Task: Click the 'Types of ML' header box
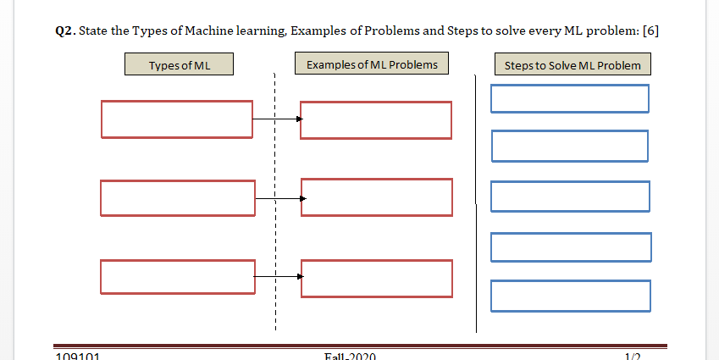pyautogui.click(x=179, y=65)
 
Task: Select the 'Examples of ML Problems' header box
pyautogui.click(x=372, y=64)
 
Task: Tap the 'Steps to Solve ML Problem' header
pyautogui.click(x=572, y=65)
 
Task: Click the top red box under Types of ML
pyautogui.click(x=177, y=119)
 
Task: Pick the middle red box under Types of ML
pyautogui.click(x=177, y=198)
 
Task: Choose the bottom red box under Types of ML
pyautogui.click(x=177, y=277)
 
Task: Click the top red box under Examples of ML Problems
pyautogui.click(x=376, y=120)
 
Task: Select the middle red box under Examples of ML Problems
pyautogui.click(x=377, y=197)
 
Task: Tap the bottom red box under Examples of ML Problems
pyautogui.click(x=377, y=279)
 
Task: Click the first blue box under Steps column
pyautogui.click(x=569, y=98)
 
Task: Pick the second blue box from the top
pyautogui.click(x=569, y=146)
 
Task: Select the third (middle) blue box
pyautogui.click(x=570, y=197)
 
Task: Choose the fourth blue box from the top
pyautogui.click(x=571, y=246)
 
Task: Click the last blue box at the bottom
pyautogui.click(x=571, y=296)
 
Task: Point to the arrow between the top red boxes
pyautogui.click(x=277, y=119)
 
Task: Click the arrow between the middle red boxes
pyautogui.click(x=279, y=198)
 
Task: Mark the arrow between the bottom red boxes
pyautogui.click(x=279, y=277)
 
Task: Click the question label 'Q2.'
pyautogui.click(x=64, y=31)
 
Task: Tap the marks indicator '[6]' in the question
pyautogui.click(x=650, y=31)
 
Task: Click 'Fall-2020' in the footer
pyautogui.click(x=350, y=356)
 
